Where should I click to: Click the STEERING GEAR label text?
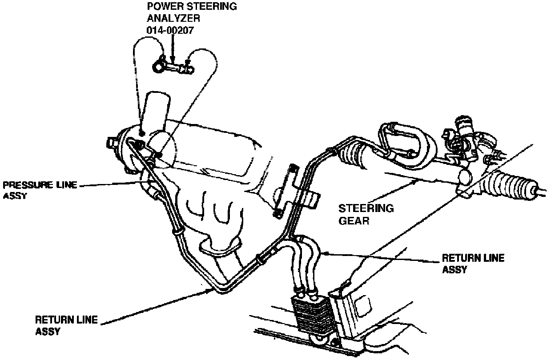(366, 214)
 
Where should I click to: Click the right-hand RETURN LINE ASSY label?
(473, 263)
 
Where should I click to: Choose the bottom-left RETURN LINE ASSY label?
(66, 325)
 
